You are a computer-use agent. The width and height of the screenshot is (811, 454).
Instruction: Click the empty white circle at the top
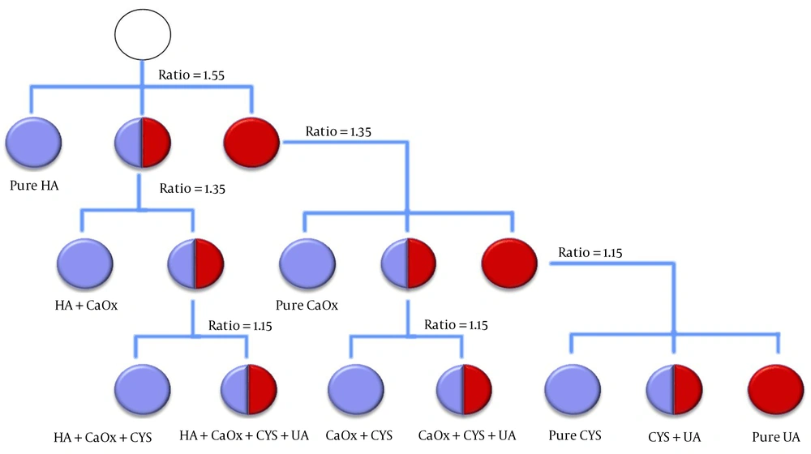tap(143, 35)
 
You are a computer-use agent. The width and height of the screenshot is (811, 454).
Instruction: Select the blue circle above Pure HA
tap(33, 142)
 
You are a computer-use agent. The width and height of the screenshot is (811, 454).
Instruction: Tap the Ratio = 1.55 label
tap(191, 75)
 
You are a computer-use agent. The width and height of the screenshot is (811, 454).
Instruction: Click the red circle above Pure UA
tap(776, 389)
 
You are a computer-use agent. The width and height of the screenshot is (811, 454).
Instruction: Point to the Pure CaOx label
tap(307, 305)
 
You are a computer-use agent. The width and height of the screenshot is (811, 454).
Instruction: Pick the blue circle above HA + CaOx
tap(85, 263)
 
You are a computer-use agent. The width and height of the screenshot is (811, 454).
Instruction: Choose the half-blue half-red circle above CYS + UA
tap(674, 389)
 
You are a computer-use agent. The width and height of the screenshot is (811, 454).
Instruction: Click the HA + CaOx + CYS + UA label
tap(244, 435)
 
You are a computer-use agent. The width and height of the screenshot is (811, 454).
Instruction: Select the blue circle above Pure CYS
tap(573, 389)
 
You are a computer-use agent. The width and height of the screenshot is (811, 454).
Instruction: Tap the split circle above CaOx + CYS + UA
tap(464, 389)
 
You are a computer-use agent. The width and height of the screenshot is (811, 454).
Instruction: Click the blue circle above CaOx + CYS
tap(356, 389)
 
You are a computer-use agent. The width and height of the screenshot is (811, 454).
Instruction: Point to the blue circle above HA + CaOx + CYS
tap(142, 389)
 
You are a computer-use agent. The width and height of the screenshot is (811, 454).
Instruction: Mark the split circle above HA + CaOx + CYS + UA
tap(249, 389)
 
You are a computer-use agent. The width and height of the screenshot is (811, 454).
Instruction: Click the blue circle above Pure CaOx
tap(307, 263)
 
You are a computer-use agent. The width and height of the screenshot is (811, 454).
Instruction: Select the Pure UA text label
tap(776, 436)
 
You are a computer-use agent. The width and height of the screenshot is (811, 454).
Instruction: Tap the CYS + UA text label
tap(675, 437)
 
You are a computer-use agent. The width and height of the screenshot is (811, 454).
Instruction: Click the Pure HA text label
tap(34, 185)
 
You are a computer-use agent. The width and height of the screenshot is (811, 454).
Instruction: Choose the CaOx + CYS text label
tap(359, 435)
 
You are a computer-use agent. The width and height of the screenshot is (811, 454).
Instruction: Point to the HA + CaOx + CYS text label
tap(103, 438)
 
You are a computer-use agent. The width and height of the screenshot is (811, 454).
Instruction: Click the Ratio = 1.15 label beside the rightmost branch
tap(590, 253)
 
